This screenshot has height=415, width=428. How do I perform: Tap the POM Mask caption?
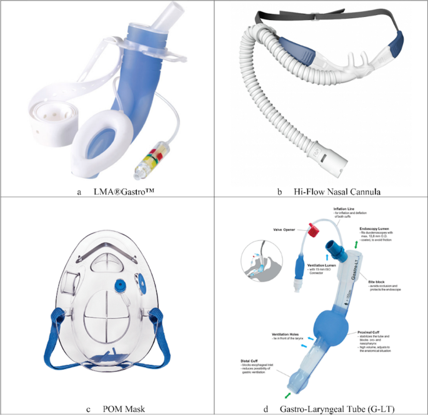tap(130, 409)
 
